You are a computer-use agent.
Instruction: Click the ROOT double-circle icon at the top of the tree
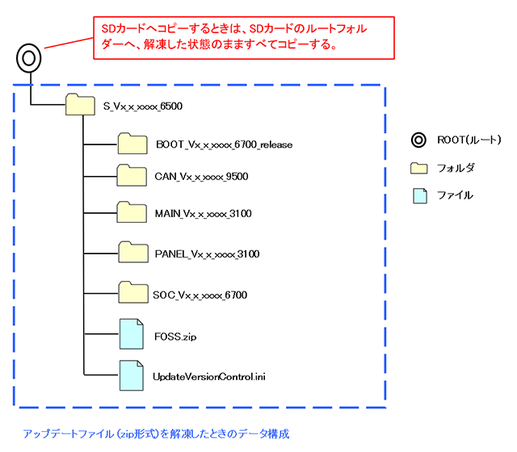pos(27,59)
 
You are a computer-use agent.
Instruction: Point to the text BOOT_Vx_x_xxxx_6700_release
pos(225,145)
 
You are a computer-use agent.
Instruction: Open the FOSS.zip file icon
pos(132,333)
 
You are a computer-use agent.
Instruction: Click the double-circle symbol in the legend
pos(418,140)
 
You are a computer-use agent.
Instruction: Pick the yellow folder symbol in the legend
pos(418,168)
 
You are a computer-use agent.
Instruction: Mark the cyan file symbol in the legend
pos(418,195)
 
